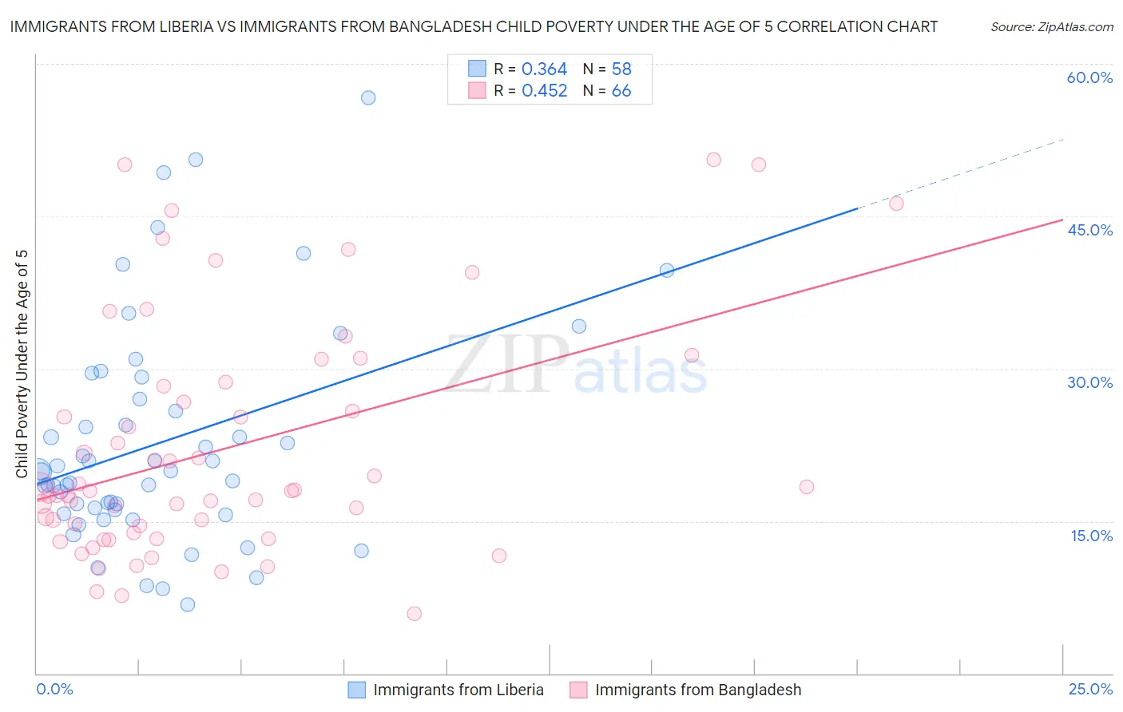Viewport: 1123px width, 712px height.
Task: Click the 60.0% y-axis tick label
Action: point(1089,77)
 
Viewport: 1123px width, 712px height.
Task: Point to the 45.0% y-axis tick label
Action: point(1089,230)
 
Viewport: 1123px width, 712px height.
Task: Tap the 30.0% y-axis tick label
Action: point(1089,382)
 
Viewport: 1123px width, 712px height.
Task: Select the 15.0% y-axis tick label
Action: point(1091,536)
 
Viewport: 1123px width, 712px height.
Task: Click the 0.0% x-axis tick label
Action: point(54,689)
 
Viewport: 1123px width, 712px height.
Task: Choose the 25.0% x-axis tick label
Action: point(1090,689)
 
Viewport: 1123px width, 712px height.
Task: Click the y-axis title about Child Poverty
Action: point(22,363)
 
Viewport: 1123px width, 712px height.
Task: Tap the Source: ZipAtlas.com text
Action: point(1051,27)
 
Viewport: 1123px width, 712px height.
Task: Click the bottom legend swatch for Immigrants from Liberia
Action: point(356,690)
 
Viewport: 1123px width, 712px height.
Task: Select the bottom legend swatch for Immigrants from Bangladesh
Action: point(578,690)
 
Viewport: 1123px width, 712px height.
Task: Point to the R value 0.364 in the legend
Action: point(544,69)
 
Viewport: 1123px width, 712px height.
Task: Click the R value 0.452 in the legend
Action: point(544,91)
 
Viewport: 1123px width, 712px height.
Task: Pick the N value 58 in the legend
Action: point(621,69)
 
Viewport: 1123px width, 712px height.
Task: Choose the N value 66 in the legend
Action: point(621,91)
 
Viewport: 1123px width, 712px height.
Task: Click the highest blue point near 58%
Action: point(368,97)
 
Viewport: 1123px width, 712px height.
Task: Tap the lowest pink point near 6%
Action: point(414,614)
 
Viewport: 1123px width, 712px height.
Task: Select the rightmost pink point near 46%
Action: point(896,204)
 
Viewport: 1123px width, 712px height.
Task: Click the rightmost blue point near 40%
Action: point(667,271)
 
